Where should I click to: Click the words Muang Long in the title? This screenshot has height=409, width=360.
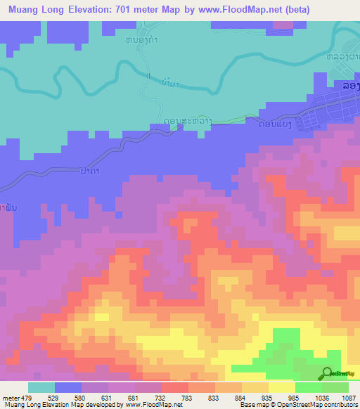point(37,10)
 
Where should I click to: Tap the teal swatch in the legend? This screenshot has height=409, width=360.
point(41,388)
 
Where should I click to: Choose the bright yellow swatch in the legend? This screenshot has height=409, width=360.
point(281,388)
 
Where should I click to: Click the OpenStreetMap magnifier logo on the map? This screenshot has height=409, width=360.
point(326,373)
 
